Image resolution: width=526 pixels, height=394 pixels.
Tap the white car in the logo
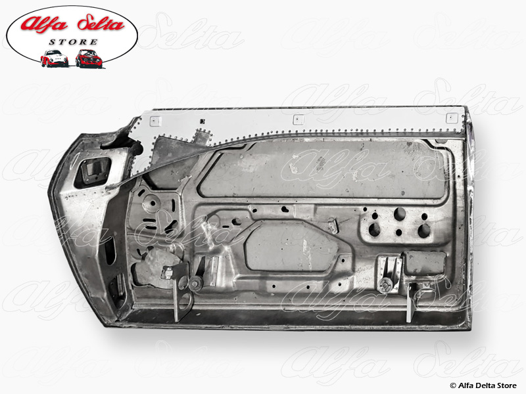[54, 58]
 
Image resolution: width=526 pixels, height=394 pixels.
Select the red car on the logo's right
[89, 58]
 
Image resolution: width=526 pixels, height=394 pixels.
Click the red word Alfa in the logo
[47, 25]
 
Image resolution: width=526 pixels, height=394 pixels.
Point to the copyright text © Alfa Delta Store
[483, 384]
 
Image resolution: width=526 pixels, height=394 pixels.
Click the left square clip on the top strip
[155, 121]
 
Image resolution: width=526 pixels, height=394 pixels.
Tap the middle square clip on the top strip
[298, 120]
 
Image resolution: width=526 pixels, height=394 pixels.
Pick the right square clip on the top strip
[451, 118]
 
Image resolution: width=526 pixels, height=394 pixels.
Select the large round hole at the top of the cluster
[399, 213]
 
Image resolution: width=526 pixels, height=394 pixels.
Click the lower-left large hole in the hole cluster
[375, 230]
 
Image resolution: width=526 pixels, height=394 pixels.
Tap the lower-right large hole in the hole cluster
[423, 230]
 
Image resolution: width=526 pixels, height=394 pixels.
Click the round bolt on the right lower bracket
[386, 284]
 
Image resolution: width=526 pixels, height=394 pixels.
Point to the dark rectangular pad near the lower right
[425, 263]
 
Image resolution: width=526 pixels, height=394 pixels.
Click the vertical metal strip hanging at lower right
[411, 303]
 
